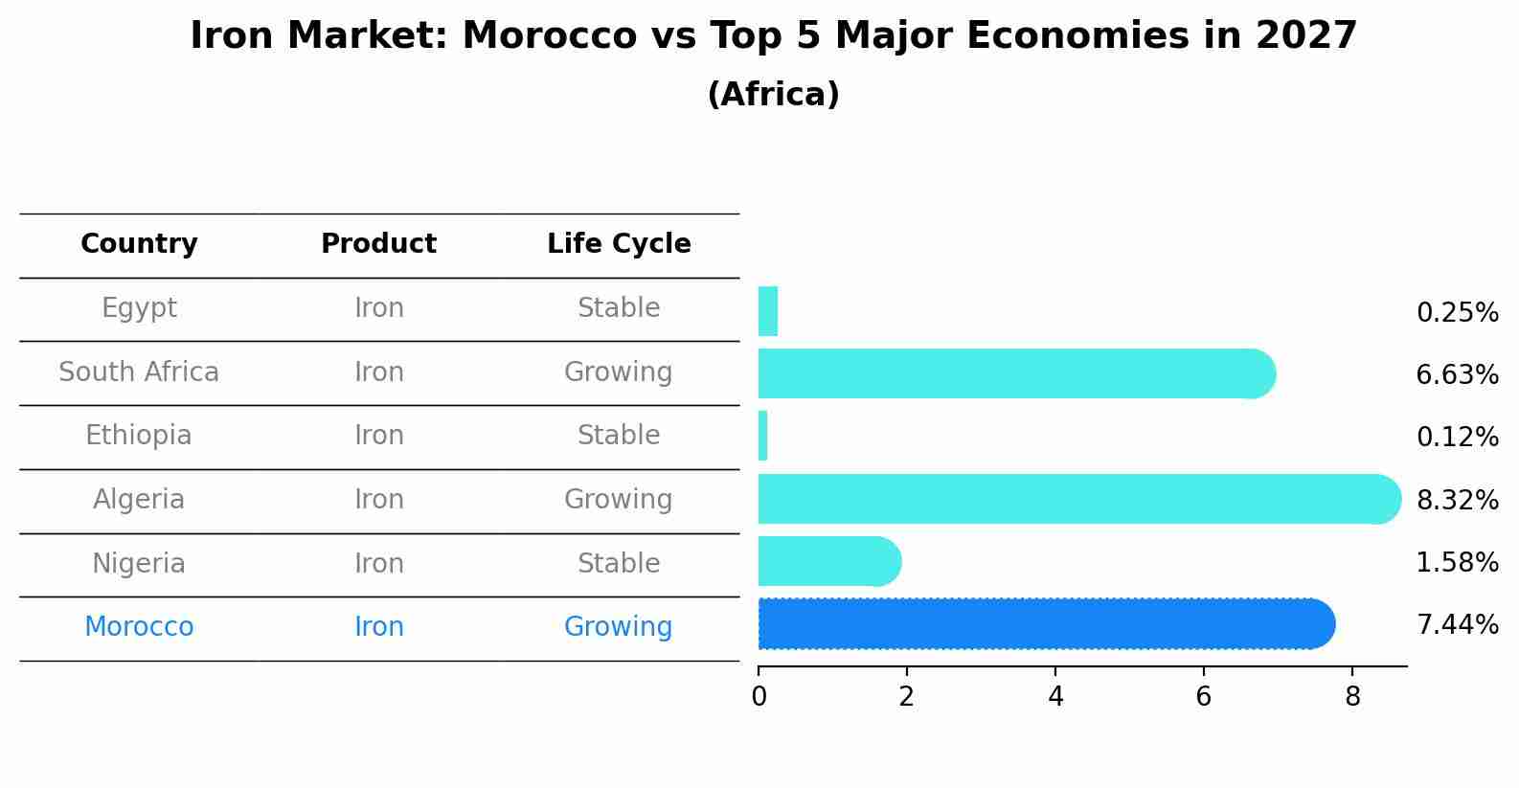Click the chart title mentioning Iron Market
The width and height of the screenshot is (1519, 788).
click(773, 36)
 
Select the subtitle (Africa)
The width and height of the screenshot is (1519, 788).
click(773, 95)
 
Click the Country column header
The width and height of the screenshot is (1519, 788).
click(139, 244)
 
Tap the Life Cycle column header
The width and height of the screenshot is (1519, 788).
click(619, 244)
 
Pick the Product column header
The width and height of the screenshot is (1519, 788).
click(378, 244)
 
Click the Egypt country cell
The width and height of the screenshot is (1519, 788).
click(139, 308)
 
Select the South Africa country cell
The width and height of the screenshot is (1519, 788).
click(139, 371)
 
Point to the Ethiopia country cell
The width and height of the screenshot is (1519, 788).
click(139, 436)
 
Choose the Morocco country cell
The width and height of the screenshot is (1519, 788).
click(139, 627)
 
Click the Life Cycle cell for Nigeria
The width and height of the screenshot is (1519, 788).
click(619, 563)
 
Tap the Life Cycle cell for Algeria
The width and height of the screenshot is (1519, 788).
click(619, 500)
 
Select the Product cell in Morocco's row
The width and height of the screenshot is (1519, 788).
click(378, 627)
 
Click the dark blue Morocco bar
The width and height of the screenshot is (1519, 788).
click(1044, 624)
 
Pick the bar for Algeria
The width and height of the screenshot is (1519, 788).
click(1077, 499)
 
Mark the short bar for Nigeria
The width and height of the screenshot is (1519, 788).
click(828, 561)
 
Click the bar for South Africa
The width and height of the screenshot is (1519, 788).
click(1015, 373)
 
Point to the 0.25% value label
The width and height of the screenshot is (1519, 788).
click(1457, 313)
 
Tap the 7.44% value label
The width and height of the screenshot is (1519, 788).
click(1457, 625)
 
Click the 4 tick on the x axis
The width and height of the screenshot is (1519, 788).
click(1055, 697)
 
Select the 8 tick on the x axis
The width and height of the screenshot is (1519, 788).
click(1352, 697)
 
